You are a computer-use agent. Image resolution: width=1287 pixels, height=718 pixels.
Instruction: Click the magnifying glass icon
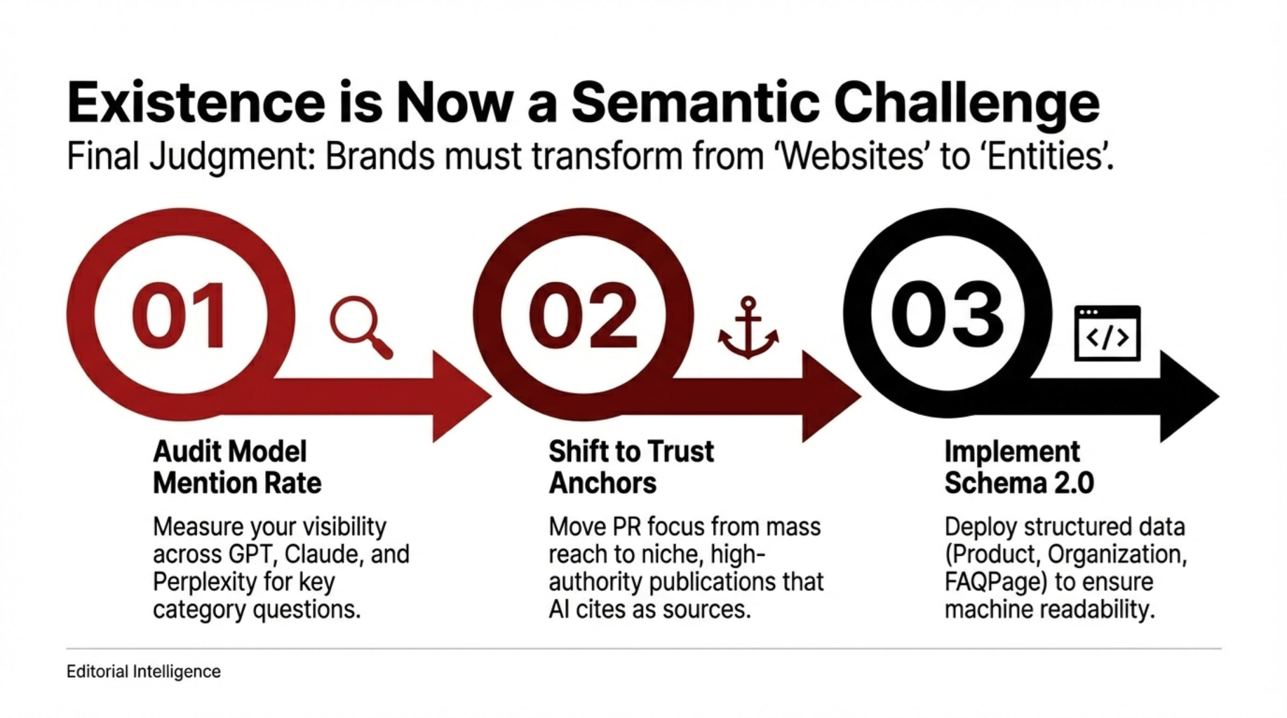(x=361, y=327)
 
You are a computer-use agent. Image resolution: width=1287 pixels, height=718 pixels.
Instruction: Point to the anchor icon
(x=748, y=327)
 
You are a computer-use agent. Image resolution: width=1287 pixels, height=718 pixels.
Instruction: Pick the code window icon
(x=1107, y=333)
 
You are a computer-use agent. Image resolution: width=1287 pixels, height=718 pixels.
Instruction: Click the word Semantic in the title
(x=695, y=102)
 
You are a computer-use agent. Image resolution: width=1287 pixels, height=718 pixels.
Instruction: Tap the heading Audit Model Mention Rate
(x=237, y=467)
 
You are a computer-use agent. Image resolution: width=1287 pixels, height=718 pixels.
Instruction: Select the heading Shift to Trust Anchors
(x=631, y=467)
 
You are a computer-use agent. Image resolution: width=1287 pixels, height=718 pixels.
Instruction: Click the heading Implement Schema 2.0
(x=1019, y=467)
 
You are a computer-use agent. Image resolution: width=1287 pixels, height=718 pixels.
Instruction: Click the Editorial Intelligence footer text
(x=144, y=672)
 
